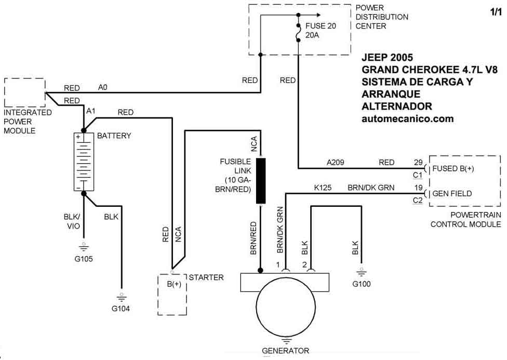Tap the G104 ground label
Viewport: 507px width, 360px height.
click(121, 309)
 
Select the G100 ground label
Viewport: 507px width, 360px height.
click(361, 284)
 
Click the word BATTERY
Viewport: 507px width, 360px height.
click(114, 136)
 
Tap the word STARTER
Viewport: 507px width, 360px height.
click(207, 277)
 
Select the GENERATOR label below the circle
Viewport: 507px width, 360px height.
click(285, 351)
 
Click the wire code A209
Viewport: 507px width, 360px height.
click(336, 163)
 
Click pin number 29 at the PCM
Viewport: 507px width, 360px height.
click(418, 163)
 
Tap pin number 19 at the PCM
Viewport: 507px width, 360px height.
click(418, 187)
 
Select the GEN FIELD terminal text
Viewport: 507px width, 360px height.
click(452, 194)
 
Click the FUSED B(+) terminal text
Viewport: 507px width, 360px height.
click(453, 169)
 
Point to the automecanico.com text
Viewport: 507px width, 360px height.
click(407, 118)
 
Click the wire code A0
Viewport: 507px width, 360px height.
click(103, 88)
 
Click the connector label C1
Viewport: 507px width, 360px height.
click(418, 175)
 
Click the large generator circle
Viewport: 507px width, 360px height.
click(285, 311)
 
